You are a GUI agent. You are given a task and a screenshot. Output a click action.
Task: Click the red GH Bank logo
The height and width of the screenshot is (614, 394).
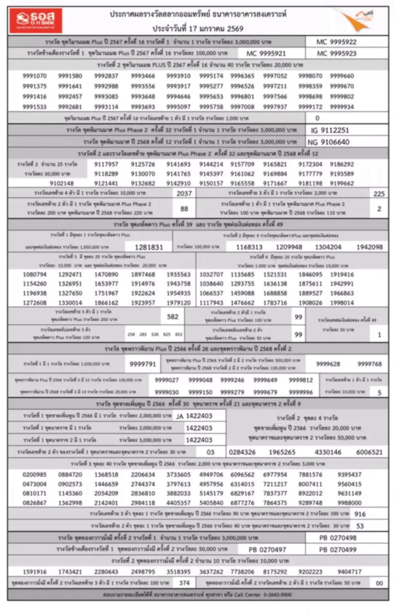36,20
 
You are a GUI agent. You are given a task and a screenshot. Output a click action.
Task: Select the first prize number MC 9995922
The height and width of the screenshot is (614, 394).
336,42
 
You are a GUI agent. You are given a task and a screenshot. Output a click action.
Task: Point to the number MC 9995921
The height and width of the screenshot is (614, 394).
266,53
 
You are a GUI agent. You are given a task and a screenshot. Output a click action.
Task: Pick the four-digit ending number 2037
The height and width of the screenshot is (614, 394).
184,193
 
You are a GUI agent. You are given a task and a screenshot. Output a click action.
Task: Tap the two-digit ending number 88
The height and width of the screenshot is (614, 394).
184,209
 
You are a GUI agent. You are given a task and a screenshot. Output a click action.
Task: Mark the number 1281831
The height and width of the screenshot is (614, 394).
149,247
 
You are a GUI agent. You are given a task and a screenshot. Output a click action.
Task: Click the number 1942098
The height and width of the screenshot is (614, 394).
369,247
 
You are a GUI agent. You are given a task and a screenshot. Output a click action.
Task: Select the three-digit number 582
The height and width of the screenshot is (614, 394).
173,317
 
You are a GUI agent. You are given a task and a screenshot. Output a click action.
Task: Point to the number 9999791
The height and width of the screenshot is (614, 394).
143,364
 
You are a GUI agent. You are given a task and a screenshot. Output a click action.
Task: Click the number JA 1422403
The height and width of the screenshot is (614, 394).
194,416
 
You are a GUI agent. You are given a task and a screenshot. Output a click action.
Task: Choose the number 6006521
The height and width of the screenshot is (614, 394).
369,452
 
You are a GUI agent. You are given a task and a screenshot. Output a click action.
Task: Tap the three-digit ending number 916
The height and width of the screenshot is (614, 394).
360,514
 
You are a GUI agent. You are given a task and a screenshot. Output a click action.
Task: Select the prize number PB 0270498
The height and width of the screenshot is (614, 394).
338,538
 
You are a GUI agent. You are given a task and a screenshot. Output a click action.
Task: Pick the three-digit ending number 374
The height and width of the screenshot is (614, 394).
184,583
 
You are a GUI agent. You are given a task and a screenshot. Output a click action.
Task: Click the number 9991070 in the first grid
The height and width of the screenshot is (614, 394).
34,76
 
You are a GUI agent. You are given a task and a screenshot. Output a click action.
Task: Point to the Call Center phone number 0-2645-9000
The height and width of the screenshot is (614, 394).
277,595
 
